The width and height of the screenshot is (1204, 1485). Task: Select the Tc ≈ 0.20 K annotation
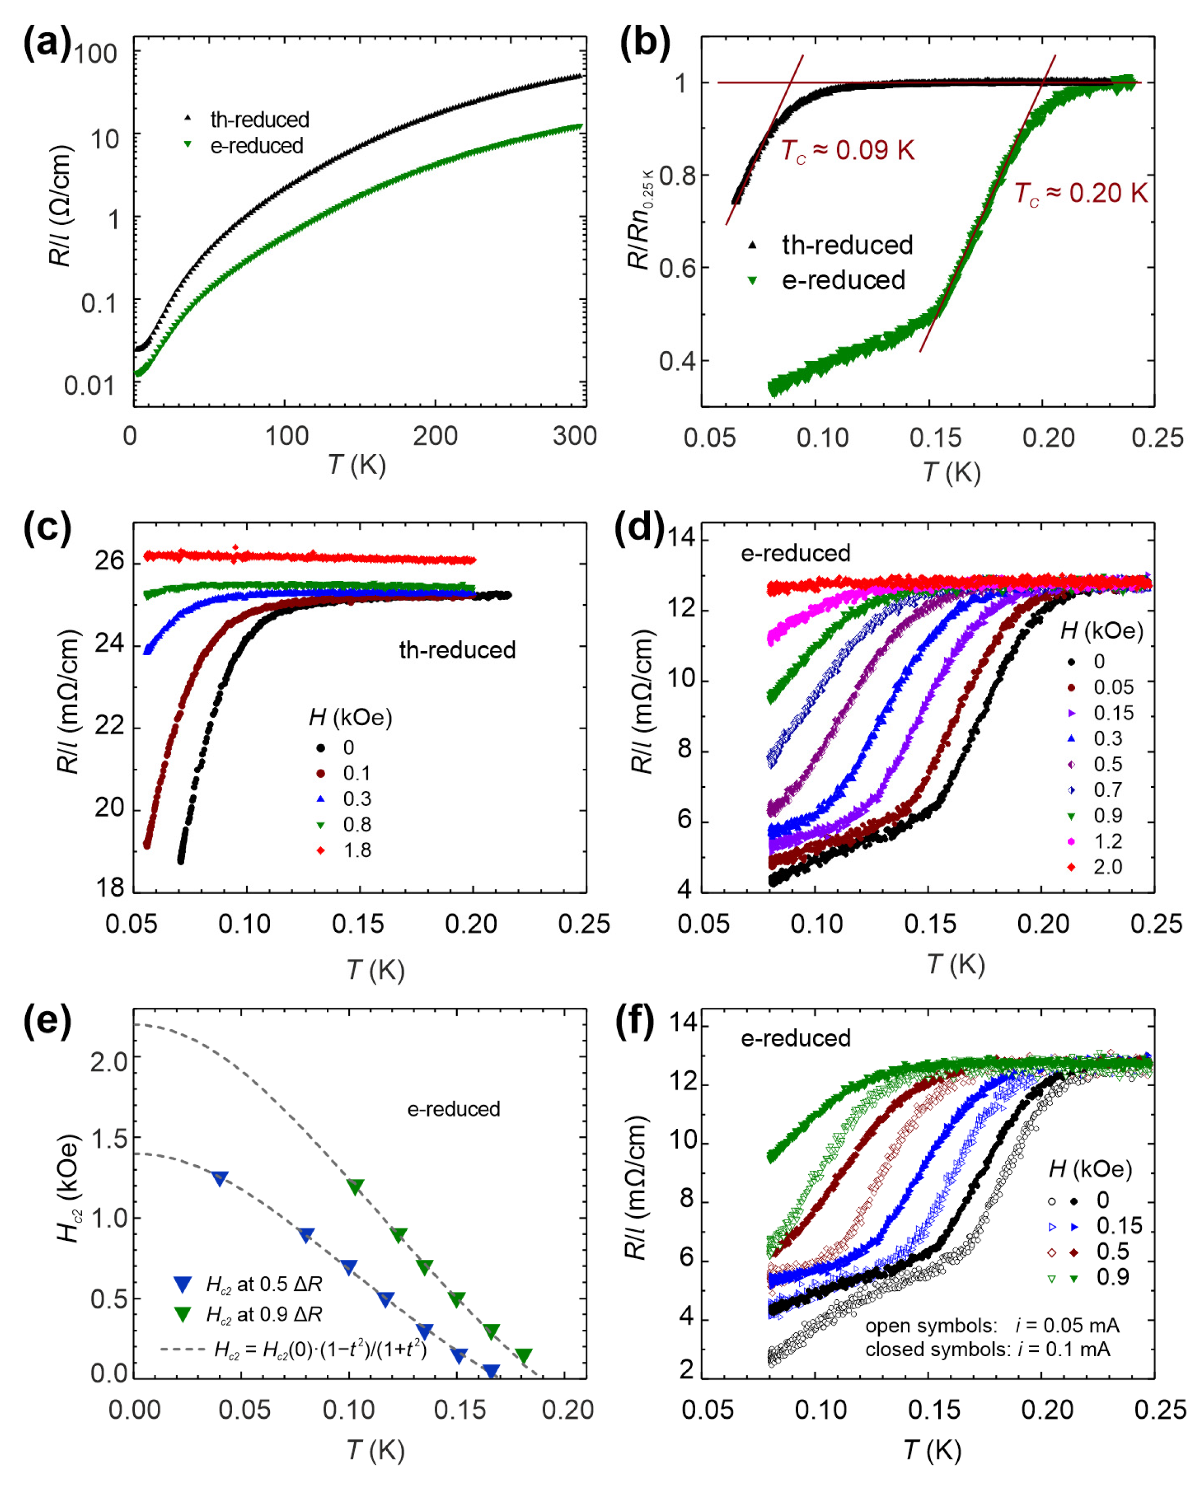pos(1080,194)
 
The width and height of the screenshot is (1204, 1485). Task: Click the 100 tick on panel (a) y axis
pos(96,53)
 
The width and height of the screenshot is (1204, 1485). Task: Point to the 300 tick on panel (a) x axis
pos(574,436)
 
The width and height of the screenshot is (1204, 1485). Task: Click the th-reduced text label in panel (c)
pos(457,650)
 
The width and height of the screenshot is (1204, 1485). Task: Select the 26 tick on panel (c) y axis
pos(109,560)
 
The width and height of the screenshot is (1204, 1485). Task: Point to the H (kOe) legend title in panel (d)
pos(1101,630)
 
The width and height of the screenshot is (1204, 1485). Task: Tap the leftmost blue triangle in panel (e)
pos(219,1178)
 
